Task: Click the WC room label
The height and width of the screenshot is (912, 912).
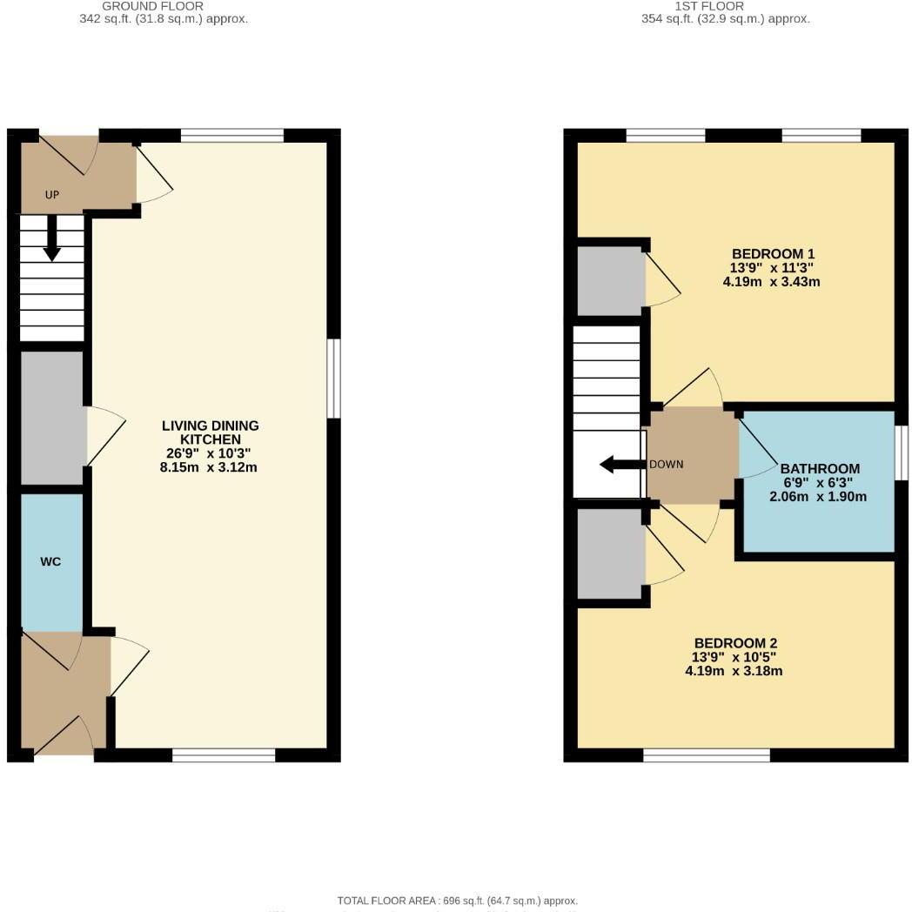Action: tap(50, 561)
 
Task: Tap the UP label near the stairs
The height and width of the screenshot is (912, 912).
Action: tap(51, 195)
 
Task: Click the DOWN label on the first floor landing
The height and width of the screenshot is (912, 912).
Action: tap(667, 464)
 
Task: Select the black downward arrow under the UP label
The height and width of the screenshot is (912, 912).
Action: tap(51, 238)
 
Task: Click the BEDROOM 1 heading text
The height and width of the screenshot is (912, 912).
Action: tap(772, 254)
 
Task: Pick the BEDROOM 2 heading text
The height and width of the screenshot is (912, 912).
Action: tap(734, 643)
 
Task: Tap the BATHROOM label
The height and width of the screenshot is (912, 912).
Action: tap(819, 468)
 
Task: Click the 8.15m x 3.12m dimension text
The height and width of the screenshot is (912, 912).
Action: tap(211, 467)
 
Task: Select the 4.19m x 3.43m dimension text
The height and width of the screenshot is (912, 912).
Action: tap(772, 282)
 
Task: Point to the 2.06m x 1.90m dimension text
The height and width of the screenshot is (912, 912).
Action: tap(818, 497)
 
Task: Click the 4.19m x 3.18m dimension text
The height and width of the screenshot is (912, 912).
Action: tap(734, 671)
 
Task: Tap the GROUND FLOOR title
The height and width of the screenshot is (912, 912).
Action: tap(152, 6)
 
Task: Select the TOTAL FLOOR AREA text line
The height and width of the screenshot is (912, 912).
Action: tap(457, 901)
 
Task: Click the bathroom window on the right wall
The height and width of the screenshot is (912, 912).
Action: tap(902, 453)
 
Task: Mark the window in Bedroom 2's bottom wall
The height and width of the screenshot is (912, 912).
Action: tap(707, 755)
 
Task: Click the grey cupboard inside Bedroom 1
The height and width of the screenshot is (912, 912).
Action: tap(611, 281)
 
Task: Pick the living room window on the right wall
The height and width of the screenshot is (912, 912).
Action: tap(334, 379)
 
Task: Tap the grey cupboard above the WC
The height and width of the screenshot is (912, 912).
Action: tap(52, 418)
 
